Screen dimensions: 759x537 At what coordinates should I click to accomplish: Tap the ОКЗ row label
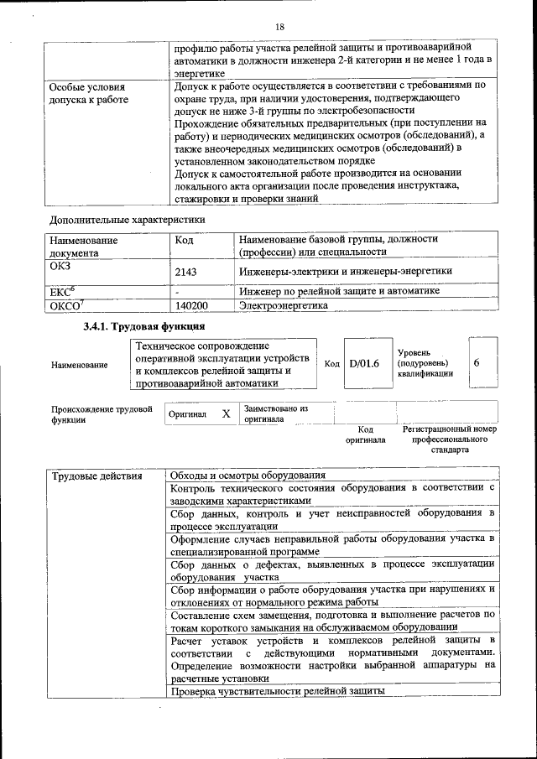(60, 266)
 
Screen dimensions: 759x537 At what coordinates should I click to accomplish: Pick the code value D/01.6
(364, 363)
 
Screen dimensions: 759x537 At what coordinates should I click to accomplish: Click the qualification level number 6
(477, 363)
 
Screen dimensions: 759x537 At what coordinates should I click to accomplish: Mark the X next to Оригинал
(226, 413)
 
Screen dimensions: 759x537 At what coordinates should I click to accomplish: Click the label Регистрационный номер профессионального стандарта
(450, 439)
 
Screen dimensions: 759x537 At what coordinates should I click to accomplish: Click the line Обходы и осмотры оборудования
(248, 476)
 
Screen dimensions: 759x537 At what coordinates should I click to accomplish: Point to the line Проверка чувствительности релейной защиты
(278, 692)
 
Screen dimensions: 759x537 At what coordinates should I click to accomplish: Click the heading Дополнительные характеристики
(128, 220)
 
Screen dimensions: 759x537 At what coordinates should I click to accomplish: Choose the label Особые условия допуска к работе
(88, 93)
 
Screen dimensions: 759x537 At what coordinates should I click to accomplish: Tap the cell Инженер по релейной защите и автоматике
(339, 291)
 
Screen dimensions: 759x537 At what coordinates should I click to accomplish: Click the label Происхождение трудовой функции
(101, 414)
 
